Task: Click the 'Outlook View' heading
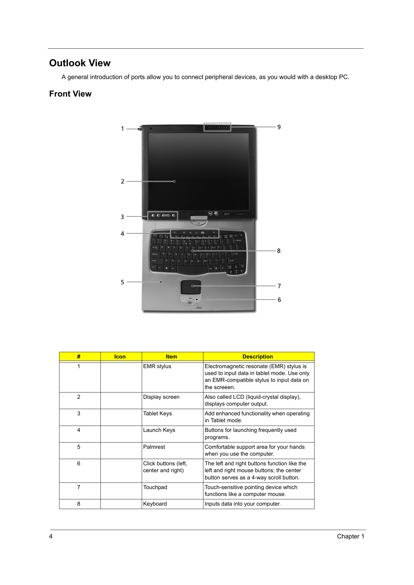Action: (x=80, y=63)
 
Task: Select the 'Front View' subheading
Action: (x=70, y=94)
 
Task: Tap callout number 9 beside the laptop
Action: (x=279, y=127)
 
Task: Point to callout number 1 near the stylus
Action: (x=122, y=128)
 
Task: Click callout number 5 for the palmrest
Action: (x=122, y=282)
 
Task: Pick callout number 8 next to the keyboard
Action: (x=279, y=251)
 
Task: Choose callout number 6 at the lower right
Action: (x=279, y=300)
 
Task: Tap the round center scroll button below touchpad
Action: (x=190, y=301)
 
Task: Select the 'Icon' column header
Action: (x=120, y=357)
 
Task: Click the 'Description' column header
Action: (x=258, y=357)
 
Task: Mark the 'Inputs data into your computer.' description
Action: (x=243, y=504)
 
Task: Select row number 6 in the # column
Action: (x=79, y=463)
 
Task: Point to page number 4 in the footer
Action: (x=51, y=536)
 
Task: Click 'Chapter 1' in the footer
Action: (x=350, y=536)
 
